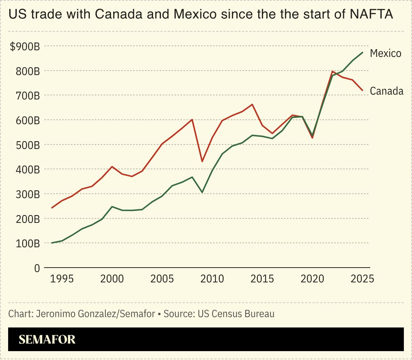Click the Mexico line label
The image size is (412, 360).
pos(385,53)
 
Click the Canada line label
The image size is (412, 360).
pos(386,91)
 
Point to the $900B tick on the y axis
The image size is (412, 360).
pos(25,47)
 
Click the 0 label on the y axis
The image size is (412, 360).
pos(37,268)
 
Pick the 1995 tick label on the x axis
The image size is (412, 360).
pos(62,278)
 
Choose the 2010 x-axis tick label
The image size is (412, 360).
pos(212,278)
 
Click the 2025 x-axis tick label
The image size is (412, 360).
pos(362,278)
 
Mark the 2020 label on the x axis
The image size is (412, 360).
pos(312,278)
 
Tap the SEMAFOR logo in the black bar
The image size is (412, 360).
pos(47,339)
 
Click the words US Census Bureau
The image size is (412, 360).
pos(236,314)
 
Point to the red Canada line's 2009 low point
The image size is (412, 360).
pos(202,162)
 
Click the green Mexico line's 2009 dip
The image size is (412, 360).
pos(202,193)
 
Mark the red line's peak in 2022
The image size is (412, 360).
pos(332,71)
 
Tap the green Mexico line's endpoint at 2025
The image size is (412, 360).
pos(362,52)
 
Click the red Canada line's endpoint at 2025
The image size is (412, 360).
pos(362,90)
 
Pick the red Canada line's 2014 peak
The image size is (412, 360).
pos(252,104)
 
